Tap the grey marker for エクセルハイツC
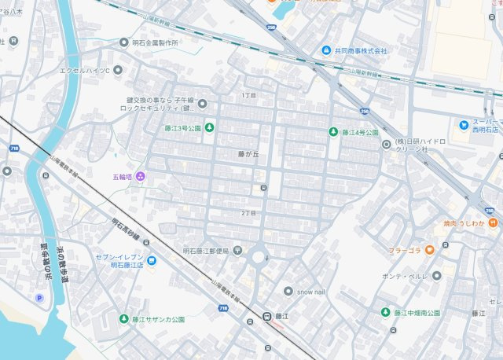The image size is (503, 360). pos(118,70)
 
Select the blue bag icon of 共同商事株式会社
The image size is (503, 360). pos(325,51)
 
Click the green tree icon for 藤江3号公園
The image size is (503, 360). pos(210,128)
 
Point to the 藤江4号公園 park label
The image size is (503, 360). pos(360,132)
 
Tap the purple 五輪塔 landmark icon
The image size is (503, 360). pos(141,175)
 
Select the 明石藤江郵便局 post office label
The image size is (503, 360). pos(205,251)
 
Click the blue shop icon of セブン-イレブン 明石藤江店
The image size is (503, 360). pos(151,260)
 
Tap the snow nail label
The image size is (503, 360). pos(310,291)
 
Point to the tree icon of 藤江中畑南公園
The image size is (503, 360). pos(385,313)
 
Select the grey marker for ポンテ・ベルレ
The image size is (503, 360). pos(436,276)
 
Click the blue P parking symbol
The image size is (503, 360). pos(39,297)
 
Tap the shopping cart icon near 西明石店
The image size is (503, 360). pos(464,125)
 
